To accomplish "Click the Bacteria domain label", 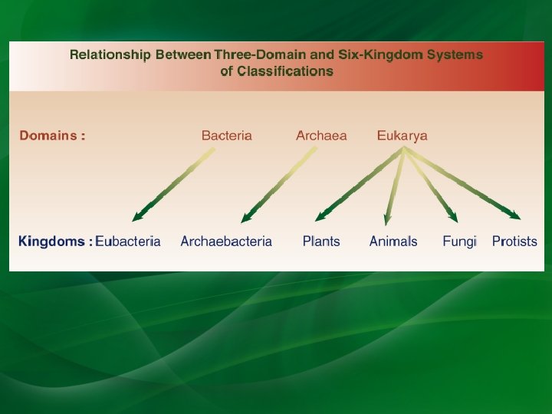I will (x=226, y=136).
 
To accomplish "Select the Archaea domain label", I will (x=321, y=136).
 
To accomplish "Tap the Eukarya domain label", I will (x=402, y=136).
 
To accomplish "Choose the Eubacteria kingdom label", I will (x=128, y=242).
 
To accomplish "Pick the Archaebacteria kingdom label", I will (x=226, y=242).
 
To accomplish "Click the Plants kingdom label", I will (x=321, y=242).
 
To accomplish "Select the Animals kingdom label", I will (x=393, y=242).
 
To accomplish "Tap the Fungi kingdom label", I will (x=459, y=242).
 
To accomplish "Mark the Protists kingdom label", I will (x=514, y=242).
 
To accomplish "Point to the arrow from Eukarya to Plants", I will (x=360, y=184).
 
